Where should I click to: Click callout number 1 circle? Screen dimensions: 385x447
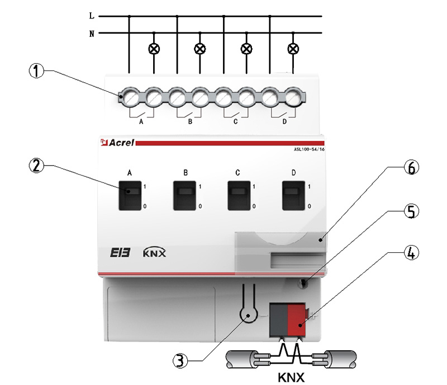click(36, 72)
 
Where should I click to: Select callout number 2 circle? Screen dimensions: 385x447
click(36, 166)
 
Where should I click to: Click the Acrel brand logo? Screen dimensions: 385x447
click(117, 144)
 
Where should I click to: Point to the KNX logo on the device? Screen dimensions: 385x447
click(155, 252)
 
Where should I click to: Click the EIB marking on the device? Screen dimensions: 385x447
click(119, 252)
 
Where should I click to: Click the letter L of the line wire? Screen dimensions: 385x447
click(92, 16)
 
